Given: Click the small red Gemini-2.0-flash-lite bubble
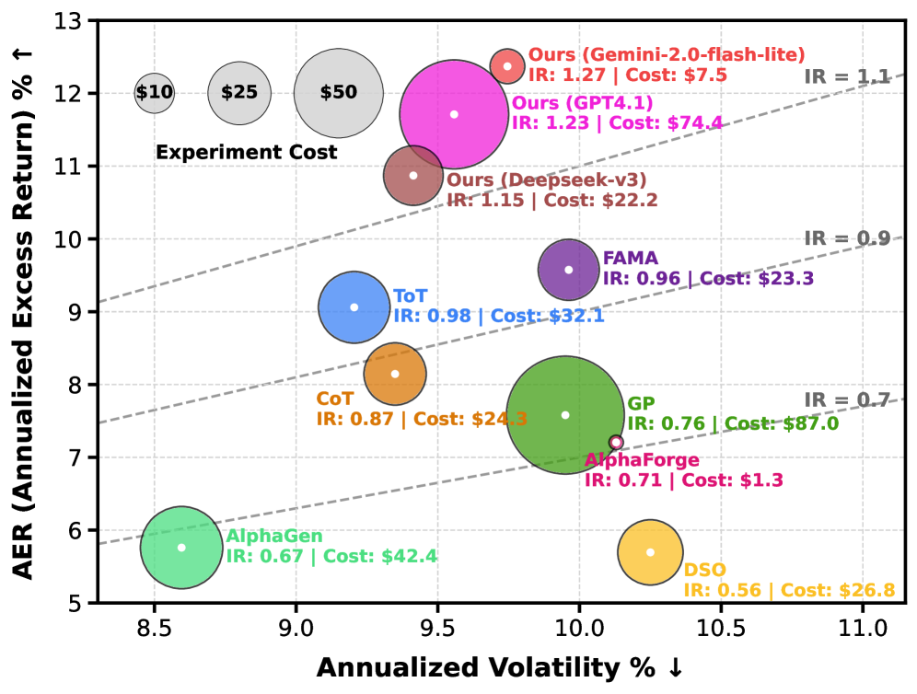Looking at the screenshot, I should click(507, 65).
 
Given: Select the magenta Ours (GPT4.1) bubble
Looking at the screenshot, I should click(454, 114).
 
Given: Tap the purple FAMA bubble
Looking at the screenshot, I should click(569, 270).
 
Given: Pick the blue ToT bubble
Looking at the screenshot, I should click(354, 307).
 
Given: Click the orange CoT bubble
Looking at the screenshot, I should click(395, 373).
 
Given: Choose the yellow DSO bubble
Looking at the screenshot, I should click(650, 552).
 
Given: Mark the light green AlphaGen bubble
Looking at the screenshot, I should click(181, 548).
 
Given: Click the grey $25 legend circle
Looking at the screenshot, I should click(239, 93).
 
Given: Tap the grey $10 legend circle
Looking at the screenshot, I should click(154, 93).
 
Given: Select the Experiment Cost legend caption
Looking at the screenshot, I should click(246, 152).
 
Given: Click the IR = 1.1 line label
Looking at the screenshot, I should click(847, 76).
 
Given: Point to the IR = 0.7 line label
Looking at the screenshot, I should click(847, 400).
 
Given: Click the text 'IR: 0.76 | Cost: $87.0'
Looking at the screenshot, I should click(733, 423).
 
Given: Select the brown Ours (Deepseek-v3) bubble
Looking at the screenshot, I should click(413, 175).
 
